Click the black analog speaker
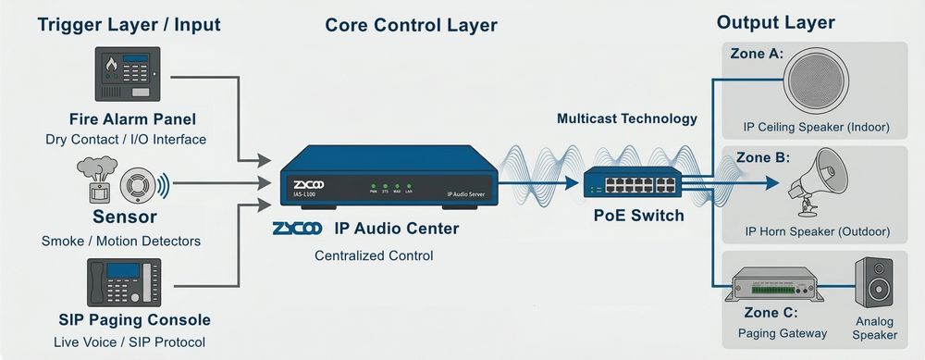[x=874, y=283]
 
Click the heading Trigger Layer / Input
[x=129, y=25]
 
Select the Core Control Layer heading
[x=411, y=25]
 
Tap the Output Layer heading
[x=775, y=22]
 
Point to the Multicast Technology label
[x=626, y=118]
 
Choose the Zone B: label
[x=757, y=157]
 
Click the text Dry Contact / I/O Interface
[x=126, y=140]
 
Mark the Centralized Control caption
[x=374, y=254]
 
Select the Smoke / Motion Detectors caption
[x=121, y=242]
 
